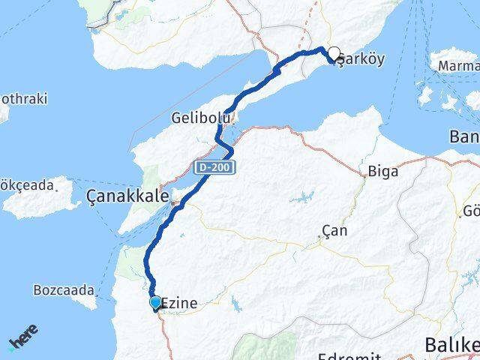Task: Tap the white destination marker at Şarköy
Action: pyautogui.click(x=334, y=54)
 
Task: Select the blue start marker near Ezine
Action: pyautogui.click(x=156, y=302)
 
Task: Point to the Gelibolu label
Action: pyautogui.click(x=198, y=118)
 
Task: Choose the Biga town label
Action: pyautogui.click(x=382, y=171)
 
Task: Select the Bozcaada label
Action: pyautogui.click(x=64, y=289)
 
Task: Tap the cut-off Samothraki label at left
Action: pyautogui.click(x=16, y=100)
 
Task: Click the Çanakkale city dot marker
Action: pyautogui.click(x=175, y=201)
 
